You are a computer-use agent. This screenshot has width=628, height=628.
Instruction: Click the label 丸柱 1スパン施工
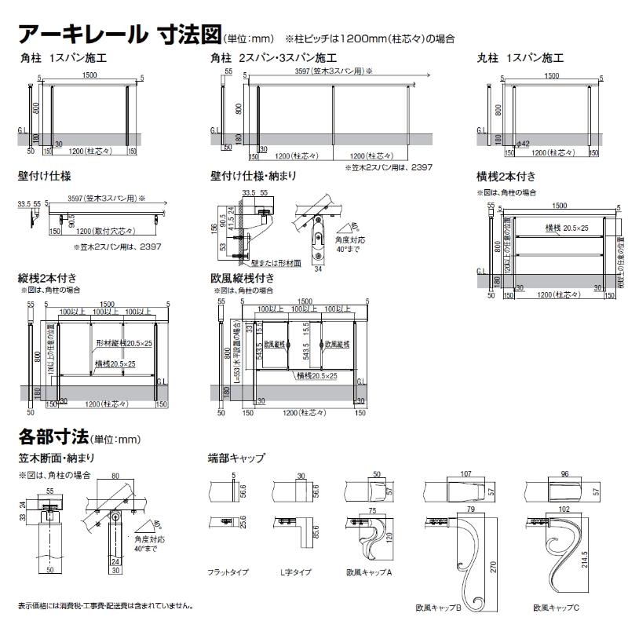pos(520,58)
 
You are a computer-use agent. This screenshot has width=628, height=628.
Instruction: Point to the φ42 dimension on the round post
pos(525,144)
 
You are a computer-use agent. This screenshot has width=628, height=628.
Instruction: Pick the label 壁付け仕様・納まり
pos(254,177)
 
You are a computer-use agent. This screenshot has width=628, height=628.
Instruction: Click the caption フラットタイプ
pos(229,573)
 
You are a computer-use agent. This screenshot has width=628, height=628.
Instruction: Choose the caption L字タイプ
pos(292,573)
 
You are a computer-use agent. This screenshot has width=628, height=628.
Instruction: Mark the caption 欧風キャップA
pos(369,573)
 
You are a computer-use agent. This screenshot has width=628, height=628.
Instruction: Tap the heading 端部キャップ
pos(236,457)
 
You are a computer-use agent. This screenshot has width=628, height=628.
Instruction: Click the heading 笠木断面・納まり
pos(57,457)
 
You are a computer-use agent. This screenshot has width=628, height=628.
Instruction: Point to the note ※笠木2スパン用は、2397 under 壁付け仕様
pos(113,246)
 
